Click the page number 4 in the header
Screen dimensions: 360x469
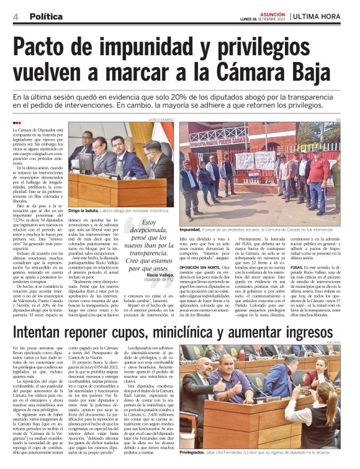tap(14, 14)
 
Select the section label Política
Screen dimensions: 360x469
tap(46, 14)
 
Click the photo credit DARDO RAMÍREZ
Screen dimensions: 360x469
tap(161, 118)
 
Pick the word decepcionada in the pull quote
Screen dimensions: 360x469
tap(146, 231)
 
